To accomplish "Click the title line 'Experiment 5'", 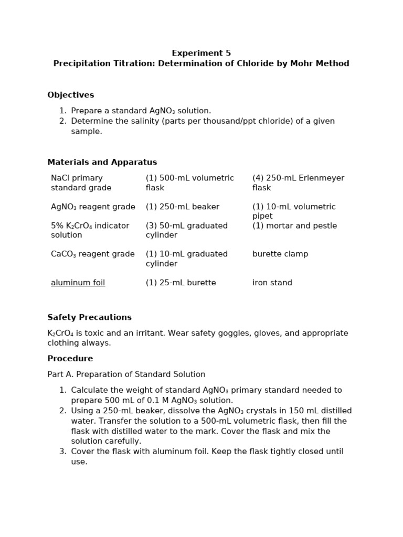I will click(x=201, y=53).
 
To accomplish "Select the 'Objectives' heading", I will click(x=70, y=95).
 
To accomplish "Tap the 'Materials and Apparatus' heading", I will click(x=102, y=162).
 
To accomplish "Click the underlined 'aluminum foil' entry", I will click(x=78, y=283).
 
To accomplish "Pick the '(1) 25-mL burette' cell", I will click(x=181, y=283).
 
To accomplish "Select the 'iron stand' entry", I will click(x=272, y=283).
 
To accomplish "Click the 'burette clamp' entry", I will click(x=280, y=254).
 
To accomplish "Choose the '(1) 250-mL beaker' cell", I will click(x=182, y=207).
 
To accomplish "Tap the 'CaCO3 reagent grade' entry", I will click(x=92, y=254).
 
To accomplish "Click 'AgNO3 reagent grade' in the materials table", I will click(x=92, y=207).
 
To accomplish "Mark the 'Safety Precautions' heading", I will click(x=89, y=317).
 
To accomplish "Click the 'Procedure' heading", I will click(x=70, y=359).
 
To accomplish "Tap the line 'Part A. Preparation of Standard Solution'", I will click(x=126, y=374).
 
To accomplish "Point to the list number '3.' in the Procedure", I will click(x=62, y=452).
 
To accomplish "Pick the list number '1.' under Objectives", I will click(x=62, y=111).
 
